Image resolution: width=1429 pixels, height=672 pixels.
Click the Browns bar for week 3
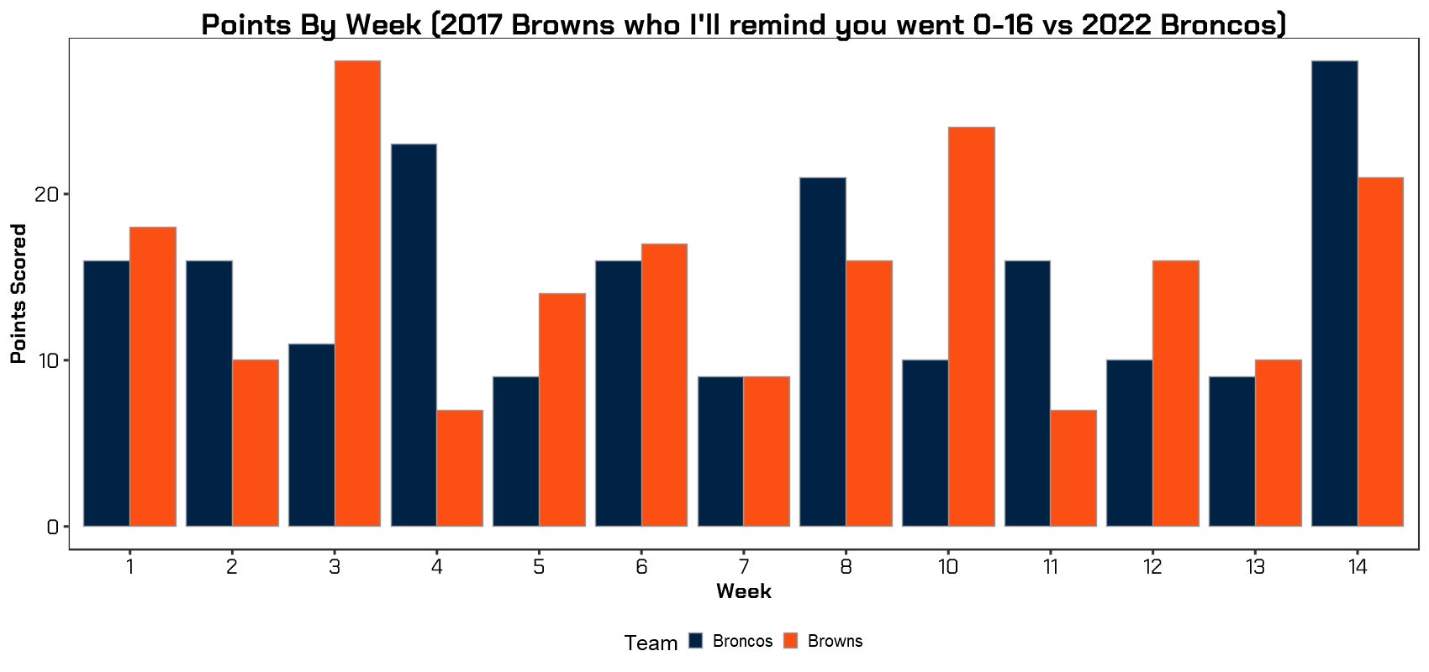coord(357,294)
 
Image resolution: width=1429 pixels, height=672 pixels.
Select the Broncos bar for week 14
coord(1334,294)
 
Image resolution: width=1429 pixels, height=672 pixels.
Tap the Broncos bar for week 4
coord(414,336)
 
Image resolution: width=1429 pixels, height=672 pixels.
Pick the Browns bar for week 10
coord(971,328)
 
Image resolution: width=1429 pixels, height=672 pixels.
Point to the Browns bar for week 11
coord(1073,468)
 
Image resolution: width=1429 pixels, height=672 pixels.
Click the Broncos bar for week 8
coord(823,353)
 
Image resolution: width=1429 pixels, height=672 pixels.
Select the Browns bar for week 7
coord(767,452)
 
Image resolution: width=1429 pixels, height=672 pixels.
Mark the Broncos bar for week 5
coord(516,452)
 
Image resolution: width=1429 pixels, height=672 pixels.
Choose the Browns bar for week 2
coord(256,444)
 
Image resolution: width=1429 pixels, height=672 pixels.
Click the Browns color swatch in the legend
coord(790,641)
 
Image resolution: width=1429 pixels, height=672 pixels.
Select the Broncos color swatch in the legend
coord(696,641)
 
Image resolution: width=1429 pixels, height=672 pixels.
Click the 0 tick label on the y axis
coord(52,527)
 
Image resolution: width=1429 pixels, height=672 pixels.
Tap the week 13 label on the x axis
coord(1255,568)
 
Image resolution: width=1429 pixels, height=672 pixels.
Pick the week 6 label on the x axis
coord(641,568)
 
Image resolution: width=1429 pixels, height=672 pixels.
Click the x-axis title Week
coord(744,591)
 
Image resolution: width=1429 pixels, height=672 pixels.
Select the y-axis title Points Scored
coord(18,294)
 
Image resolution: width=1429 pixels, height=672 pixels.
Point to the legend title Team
coord(651,643)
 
